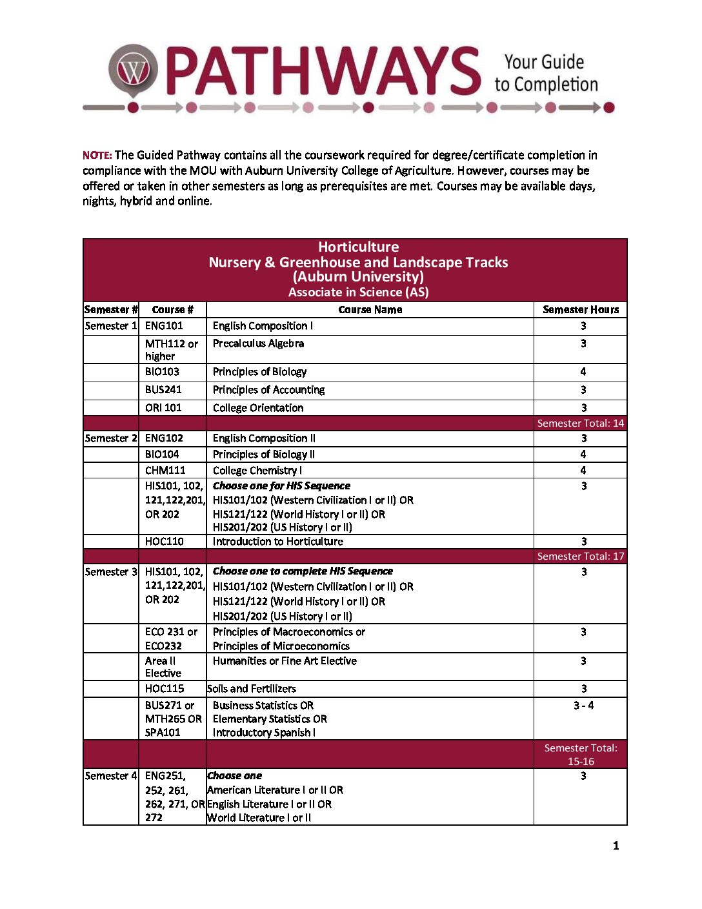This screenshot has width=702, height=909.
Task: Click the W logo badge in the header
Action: [x=133, y=70]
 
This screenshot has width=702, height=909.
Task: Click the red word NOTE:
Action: [x=97, y=155]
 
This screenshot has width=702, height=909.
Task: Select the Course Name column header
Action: [x=370, y=310]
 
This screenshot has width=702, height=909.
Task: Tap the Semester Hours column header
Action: [x=581, y=310]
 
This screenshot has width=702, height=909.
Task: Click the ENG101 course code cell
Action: [x=164, y=326]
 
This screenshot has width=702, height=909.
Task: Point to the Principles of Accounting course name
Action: [x=268, y=390]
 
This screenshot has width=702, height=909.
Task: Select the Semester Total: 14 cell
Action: [x=581, y=424]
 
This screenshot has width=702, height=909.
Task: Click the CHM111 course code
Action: [x=165, y=471]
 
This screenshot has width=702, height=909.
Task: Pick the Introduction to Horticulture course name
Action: [x=277, y=542]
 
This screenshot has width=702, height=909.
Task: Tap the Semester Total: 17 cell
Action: [x=581, y=557]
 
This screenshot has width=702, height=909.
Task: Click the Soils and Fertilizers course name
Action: [x=252, y=689]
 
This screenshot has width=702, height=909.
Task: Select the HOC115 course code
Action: [x=165, y=689]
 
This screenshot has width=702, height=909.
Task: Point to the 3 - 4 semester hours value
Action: [x=583, y=706]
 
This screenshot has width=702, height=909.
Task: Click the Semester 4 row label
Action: [x=111, y=776]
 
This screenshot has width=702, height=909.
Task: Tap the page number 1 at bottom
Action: [x=616, y=846]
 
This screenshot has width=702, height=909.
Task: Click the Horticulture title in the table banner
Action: [x=358, y=247]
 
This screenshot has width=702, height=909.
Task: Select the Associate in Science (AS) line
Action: [x=358, y=292]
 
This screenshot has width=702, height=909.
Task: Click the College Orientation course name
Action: [x=258, y=408]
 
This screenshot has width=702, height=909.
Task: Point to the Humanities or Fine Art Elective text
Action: [x=285, y=661]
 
